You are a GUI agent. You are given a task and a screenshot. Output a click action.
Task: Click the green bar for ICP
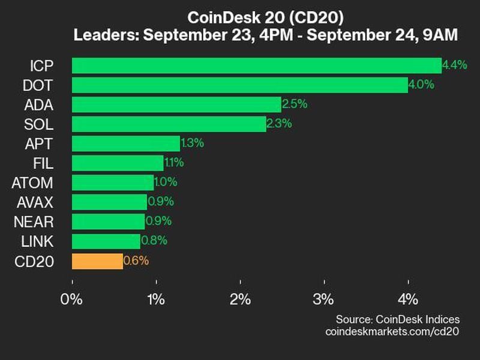[x=257, y=65]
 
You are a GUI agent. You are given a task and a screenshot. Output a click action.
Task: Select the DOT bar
[x=240, y=85]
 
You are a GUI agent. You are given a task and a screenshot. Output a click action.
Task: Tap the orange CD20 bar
[x=97, y=261]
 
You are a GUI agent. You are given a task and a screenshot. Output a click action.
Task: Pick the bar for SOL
[x=169, y=124]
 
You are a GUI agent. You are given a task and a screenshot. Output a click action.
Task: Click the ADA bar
[x=176, y=104]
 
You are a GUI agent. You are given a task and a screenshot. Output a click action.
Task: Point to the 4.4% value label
[x=454, y=65]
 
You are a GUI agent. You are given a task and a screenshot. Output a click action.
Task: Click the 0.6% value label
[x=136, y=261]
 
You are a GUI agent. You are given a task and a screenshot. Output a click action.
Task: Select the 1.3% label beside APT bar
[x=192, y=143]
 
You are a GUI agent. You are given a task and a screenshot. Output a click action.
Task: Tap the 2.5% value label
[x=295, y=104]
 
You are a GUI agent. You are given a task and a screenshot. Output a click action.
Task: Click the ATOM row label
[x=32, y=182]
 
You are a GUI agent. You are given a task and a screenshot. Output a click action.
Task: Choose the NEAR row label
[x=34, y=221]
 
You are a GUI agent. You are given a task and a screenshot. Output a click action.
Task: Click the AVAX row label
[x=34, y=202]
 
